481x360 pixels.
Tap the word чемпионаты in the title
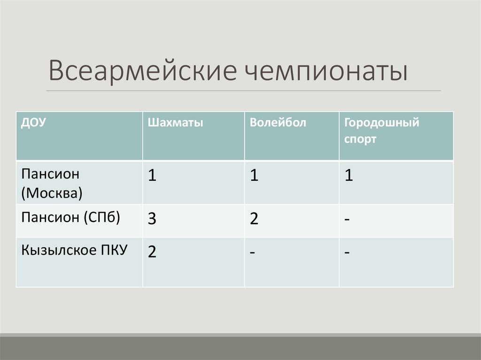click(325, 71)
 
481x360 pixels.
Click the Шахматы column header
click(175, 123)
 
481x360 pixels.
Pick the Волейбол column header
click(278, 123)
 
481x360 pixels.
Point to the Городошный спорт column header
click(381, 131)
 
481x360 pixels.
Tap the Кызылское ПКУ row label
click(74, 249)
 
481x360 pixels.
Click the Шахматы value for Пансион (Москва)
click(152, 176)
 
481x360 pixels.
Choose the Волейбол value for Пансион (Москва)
click(254, 176)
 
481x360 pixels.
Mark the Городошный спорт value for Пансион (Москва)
click(348, 176)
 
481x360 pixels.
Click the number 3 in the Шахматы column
click(152, 219)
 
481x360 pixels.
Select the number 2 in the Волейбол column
click(254, 219)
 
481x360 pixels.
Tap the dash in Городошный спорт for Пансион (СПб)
click(347, 220)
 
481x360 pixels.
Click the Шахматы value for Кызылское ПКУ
click(152, 252)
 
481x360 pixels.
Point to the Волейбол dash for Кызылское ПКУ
click(253, 253)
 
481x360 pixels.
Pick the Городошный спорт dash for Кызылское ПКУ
click(347, 253)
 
